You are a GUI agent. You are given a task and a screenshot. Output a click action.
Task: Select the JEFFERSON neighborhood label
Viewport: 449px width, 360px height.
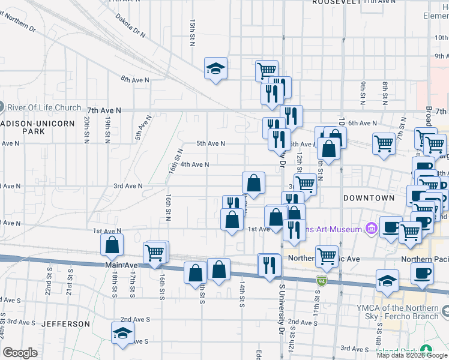click(x=65, y=324)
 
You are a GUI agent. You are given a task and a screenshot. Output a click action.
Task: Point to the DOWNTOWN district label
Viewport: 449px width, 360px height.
click(x=369, y=197)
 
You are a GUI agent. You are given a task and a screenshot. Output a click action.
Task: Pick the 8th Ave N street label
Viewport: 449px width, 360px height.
click(x=134, y=79)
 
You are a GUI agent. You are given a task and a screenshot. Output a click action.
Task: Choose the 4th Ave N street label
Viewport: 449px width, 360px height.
click(x=194, y=164)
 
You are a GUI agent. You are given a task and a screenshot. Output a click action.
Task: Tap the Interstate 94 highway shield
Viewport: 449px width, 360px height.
click(x=322, y=280)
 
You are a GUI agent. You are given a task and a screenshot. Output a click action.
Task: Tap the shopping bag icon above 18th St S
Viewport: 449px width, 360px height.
click(x=112, y=245)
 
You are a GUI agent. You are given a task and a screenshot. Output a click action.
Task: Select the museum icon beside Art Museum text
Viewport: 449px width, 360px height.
click(x=370, y=229)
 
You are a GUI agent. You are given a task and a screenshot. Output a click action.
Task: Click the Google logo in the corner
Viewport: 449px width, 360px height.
click(x=20, y=353)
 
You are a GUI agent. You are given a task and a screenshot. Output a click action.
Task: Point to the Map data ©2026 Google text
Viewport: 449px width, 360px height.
click(x=412, y=355)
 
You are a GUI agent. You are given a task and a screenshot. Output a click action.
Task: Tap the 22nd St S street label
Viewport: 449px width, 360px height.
click(x=48, y=281)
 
